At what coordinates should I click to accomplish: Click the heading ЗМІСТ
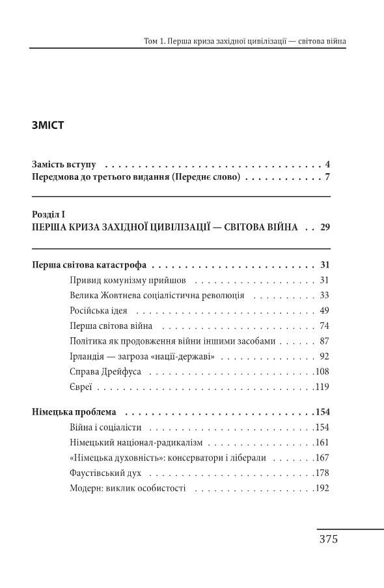point(48,126)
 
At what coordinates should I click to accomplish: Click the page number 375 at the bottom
point(328,540)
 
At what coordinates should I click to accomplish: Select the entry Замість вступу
point(64,163)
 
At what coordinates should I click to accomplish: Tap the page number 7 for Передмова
point(328,177)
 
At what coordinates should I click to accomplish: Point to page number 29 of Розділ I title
point(325,228)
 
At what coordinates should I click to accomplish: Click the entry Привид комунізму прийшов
point(127,280)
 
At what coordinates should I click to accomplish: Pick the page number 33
point(325,295)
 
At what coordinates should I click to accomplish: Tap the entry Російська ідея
point(98,310)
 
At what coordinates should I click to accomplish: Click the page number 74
point(325,326)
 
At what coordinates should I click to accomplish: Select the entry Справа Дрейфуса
point(105,372)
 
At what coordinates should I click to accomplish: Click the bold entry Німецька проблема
point(74,412)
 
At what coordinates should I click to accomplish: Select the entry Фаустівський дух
point(104,473)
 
